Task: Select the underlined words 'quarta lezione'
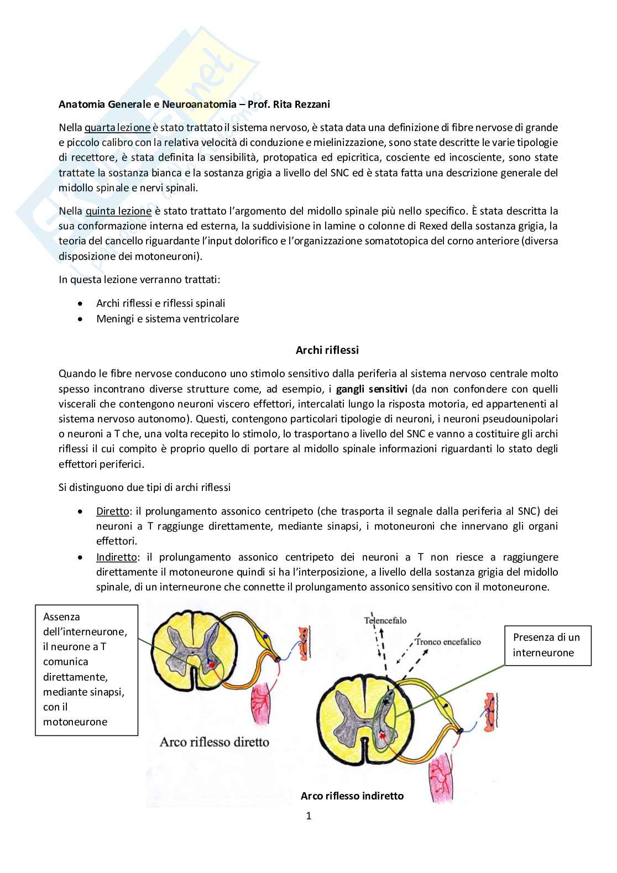coord(117,128)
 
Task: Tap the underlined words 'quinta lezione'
coord(118,211)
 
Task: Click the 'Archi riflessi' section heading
coord(327,350)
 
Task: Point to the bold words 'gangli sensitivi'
coord(372,389)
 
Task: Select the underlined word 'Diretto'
coord(112,511)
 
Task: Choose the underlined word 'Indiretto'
coord(116,557)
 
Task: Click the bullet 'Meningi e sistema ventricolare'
coord(168,318)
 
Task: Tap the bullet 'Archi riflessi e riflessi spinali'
coord(160,303)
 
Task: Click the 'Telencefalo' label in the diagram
coord(385,620)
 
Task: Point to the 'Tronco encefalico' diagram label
coord(448,642)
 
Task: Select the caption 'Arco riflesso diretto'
coord(214,742)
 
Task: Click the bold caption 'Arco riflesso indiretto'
coord(352,796)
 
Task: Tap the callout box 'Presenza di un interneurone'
coord(547,645)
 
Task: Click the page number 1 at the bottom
coord(308,816)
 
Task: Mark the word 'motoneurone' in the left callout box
coord(75,722)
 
